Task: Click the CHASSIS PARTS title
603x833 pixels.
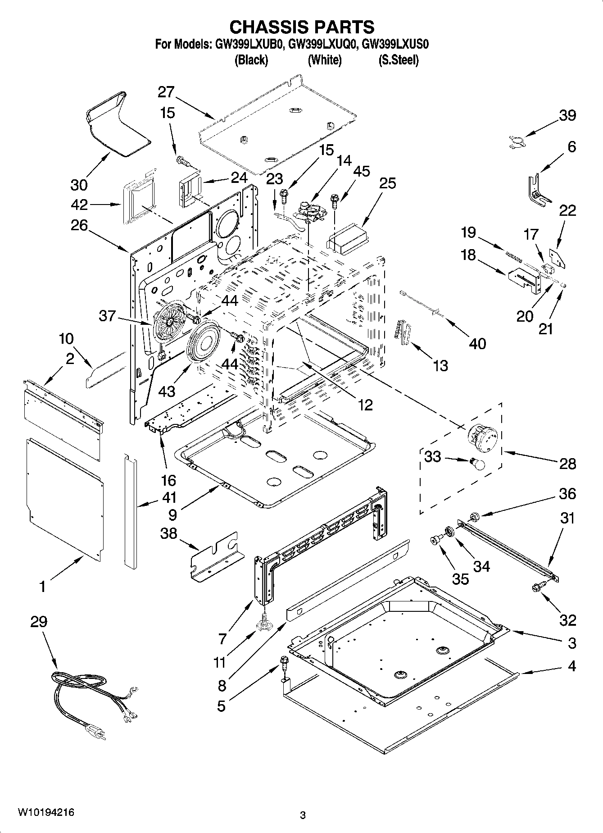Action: [302, 27]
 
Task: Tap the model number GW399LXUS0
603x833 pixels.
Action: [395, 44]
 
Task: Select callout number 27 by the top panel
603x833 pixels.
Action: [166, 92]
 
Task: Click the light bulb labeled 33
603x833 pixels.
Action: [477, 464]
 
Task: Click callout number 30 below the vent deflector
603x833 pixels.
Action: [79, 185]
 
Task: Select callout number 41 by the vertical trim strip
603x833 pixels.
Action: [169, 498]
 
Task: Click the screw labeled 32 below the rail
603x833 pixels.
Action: [537, 587]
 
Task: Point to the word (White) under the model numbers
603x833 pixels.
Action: [324, 60]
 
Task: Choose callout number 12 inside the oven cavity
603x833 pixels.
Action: [365, 405]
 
